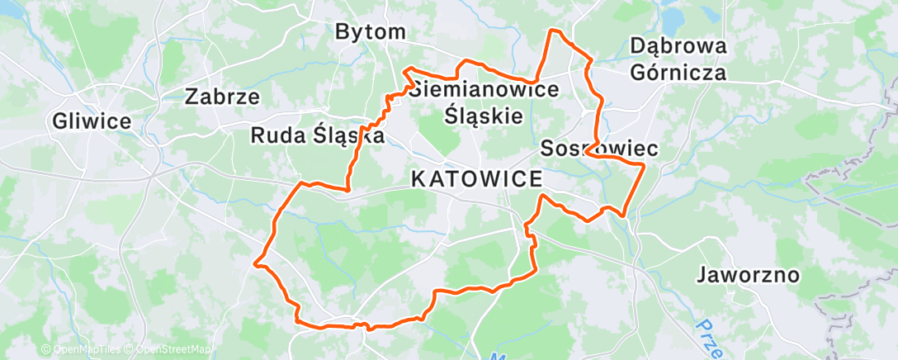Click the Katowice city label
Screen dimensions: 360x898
click(x=476, y=178)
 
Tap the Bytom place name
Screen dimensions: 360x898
click(x=371, y=32)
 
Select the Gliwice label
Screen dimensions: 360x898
click(x=91, y=121)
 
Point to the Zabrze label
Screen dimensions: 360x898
click(x=223, y=97)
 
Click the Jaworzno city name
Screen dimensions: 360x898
click(x=748, y=274)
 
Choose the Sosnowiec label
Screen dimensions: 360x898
click(x=598, y=149)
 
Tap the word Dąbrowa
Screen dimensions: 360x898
click(x=678, y=46)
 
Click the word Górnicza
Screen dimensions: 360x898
click(x=678, y=72)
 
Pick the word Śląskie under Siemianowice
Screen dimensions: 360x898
click(x=484, y=115)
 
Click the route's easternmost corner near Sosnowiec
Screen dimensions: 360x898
click(x=643, y=165)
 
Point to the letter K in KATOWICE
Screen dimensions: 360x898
click(x=418, y=178)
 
